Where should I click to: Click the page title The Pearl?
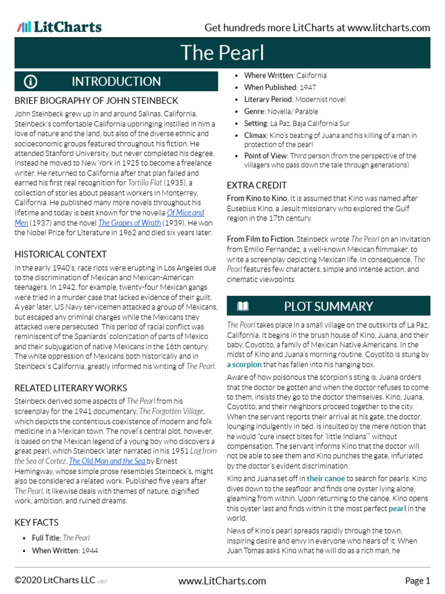coord(222,53)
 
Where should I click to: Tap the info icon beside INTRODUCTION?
coord(31,82)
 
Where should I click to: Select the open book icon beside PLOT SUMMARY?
coord(243,306)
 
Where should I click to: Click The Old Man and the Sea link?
coord(107,461)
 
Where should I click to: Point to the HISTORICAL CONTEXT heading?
coord(60,254)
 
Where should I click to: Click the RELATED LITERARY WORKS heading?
coord(71,387)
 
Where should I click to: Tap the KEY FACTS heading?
coord(37,522)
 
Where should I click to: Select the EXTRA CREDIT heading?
coord(257,185)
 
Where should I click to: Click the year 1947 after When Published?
coord(308,87)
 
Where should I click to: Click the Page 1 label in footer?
coord(417,581)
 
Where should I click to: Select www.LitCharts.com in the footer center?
coord(222,581)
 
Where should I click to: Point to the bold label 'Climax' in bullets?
coord(256,135)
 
